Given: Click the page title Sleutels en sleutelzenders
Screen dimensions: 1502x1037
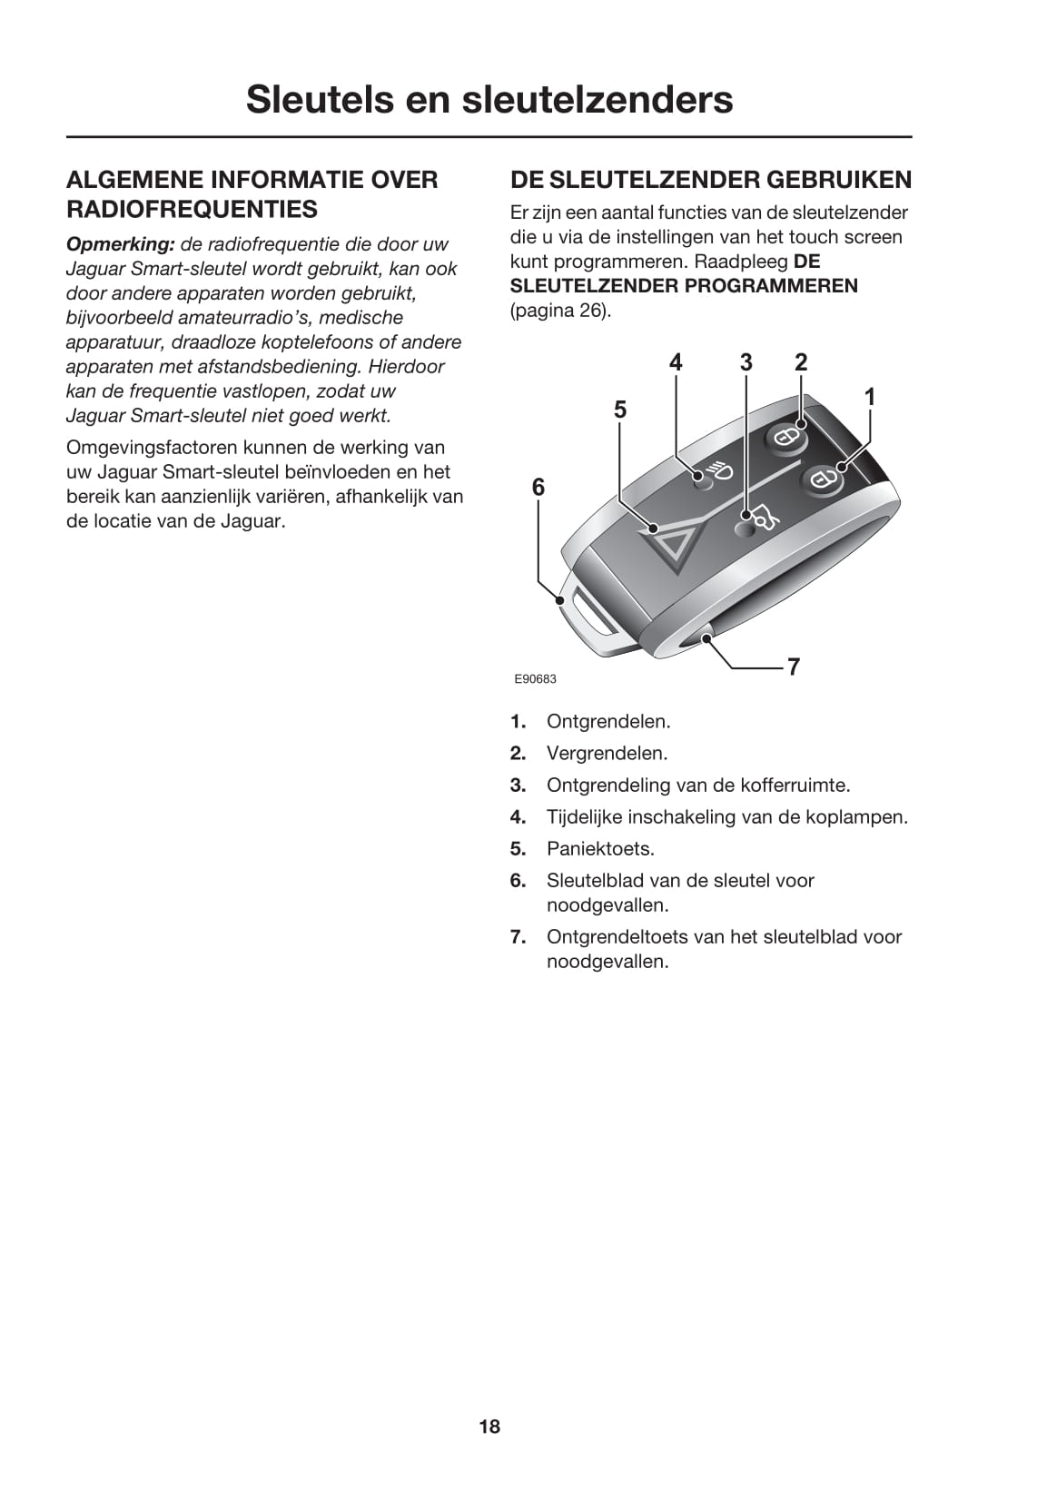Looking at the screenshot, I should point(489,99).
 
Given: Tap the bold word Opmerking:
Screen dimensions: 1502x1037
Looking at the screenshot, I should point(120,244).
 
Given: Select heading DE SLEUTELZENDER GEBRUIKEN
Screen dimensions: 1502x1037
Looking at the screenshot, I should point(711,179).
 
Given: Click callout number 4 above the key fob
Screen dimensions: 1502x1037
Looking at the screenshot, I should point(676,362).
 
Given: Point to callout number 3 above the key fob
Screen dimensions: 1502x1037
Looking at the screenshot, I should point(746,362).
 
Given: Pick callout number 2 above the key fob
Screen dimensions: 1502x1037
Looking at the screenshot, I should point(800,362).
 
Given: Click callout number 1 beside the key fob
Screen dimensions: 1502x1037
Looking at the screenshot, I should point(869,397).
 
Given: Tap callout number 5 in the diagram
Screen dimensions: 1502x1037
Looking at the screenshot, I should point(620,410).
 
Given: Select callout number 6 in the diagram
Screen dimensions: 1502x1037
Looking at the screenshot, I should point(538,488).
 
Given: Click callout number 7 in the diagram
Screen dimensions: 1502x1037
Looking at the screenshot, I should point(793,667).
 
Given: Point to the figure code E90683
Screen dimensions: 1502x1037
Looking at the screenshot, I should point(535,679).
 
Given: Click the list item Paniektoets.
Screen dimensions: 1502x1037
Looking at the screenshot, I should point(600,849).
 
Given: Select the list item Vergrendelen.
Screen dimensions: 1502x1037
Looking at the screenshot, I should point(607,754).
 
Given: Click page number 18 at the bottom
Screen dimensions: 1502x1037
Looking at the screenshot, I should point(489,1427).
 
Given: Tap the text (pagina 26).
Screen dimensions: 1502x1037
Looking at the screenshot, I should point(560,311).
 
